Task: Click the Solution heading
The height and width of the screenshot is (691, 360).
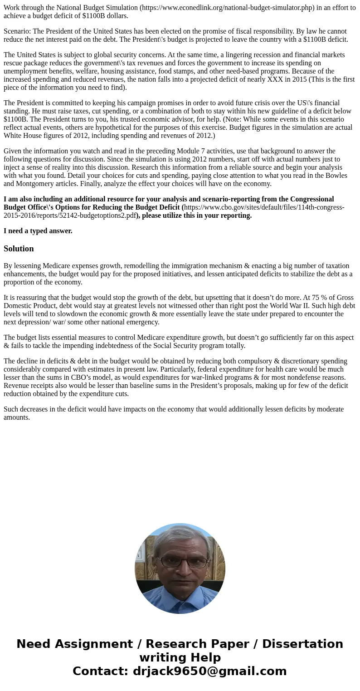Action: coord(19,249)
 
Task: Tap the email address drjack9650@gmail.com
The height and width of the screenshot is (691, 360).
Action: coord(209,671)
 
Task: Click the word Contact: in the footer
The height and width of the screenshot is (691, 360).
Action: coord(101,671)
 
